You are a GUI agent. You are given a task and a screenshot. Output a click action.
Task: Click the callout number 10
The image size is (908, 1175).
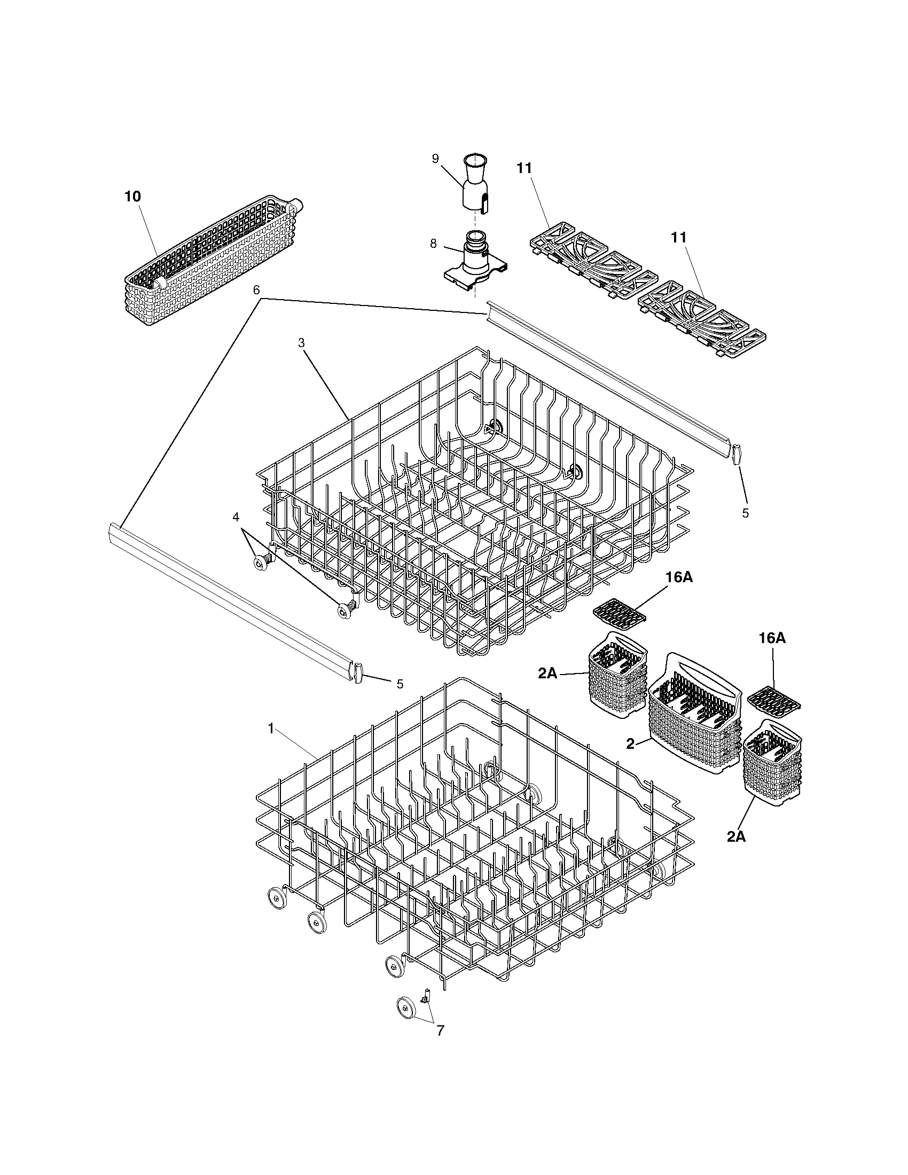[x=132, y=197]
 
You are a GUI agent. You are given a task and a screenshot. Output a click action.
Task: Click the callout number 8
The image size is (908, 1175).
[x=433, y=244]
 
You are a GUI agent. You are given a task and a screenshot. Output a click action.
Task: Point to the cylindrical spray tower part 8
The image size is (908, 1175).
[x=475, y=256]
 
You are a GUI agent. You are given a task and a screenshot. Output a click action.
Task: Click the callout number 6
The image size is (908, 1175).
[x=256, y=290]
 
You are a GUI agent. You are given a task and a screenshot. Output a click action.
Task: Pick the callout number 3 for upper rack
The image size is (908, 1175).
[x=302, y=343]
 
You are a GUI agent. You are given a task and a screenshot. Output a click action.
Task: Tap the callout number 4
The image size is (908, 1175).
[x=236, y=517]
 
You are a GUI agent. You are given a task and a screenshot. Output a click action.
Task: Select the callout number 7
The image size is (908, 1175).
[x=440, y=1030]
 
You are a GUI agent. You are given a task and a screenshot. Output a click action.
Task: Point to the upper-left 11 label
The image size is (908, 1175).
[x=524, y=168]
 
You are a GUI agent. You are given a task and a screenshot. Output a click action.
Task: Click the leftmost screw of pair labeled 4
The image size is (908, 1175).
[x=261, y=562]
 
